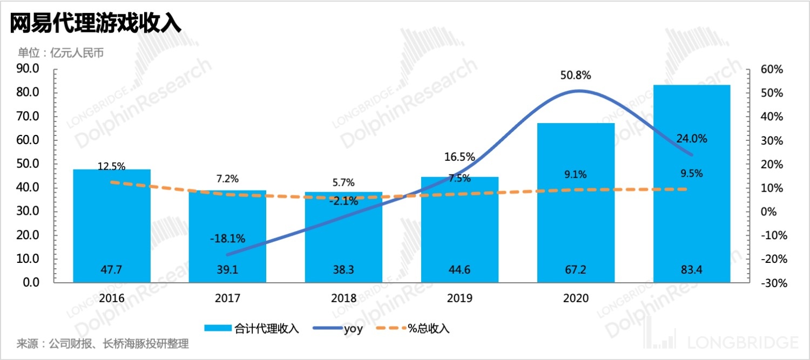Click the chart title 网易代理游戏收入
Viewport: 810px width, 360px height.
pos(96,23)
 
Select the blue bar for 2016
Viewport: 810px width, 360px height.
pos(112,227)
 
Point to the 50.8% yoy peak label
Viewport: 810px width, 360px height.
pos(576,76)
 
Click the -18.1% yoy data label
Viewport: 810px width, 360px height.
pos(227,238)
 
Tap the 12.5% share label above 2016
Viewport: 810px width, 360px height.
pos(112,167)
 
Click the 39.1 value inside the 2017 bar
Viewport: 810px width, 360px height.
pos(227,270)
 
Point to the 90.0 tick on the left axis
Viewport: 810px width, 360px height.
pos(28,69)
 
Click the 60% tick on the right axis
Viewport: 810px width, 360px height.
pos(771,70)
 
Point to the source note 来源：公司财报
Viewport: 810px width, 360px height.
pos(103,344)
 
